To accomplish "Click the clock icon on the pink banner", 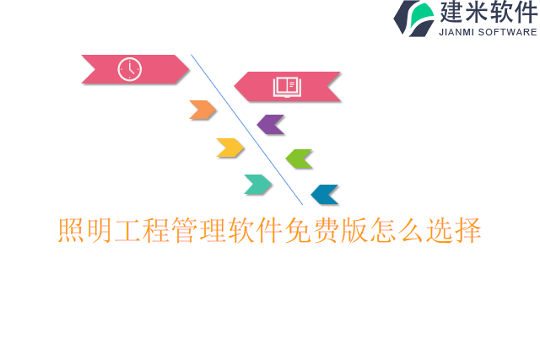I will (x=129, y=69).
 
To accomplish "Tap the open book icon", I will (x=286, y=87).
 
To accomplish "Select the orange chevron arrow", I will (x=202, y=110).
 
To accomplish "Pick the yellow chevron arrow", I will (x=229, y=148).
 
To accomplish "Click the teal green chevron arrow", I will (x=258, y=185).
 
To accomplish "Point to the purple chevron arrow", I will (x=270, y=125).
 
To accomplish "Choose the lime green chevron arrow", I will (x=299, y=159).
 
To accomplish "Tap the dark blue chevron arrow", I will (x=325, y=195).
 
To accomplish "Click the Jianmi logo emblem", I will (x=413, y=18).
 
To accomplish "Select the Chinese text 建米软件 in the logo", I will (x=487, y=13).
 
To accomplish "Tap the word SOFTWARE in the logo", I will (x=508, y=32).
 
